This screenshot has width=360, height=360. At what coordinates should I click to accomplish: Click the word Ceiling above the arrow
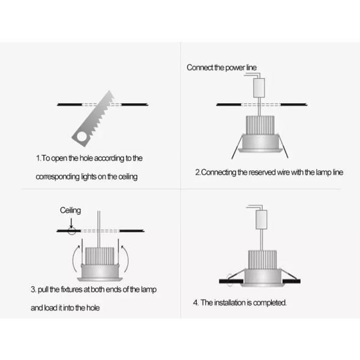[70, 211]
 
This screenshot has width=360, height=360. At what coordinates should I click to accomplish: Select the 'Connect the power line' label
[220, 67]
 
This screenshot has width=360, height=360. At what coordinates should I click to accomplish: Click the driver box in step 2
[259, 89]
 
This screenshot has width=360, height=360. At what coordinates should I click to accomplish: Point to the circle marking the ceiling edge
[71, 230]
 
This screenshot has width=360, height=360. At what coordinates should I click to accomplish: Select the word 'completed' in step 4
[269, 303]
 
